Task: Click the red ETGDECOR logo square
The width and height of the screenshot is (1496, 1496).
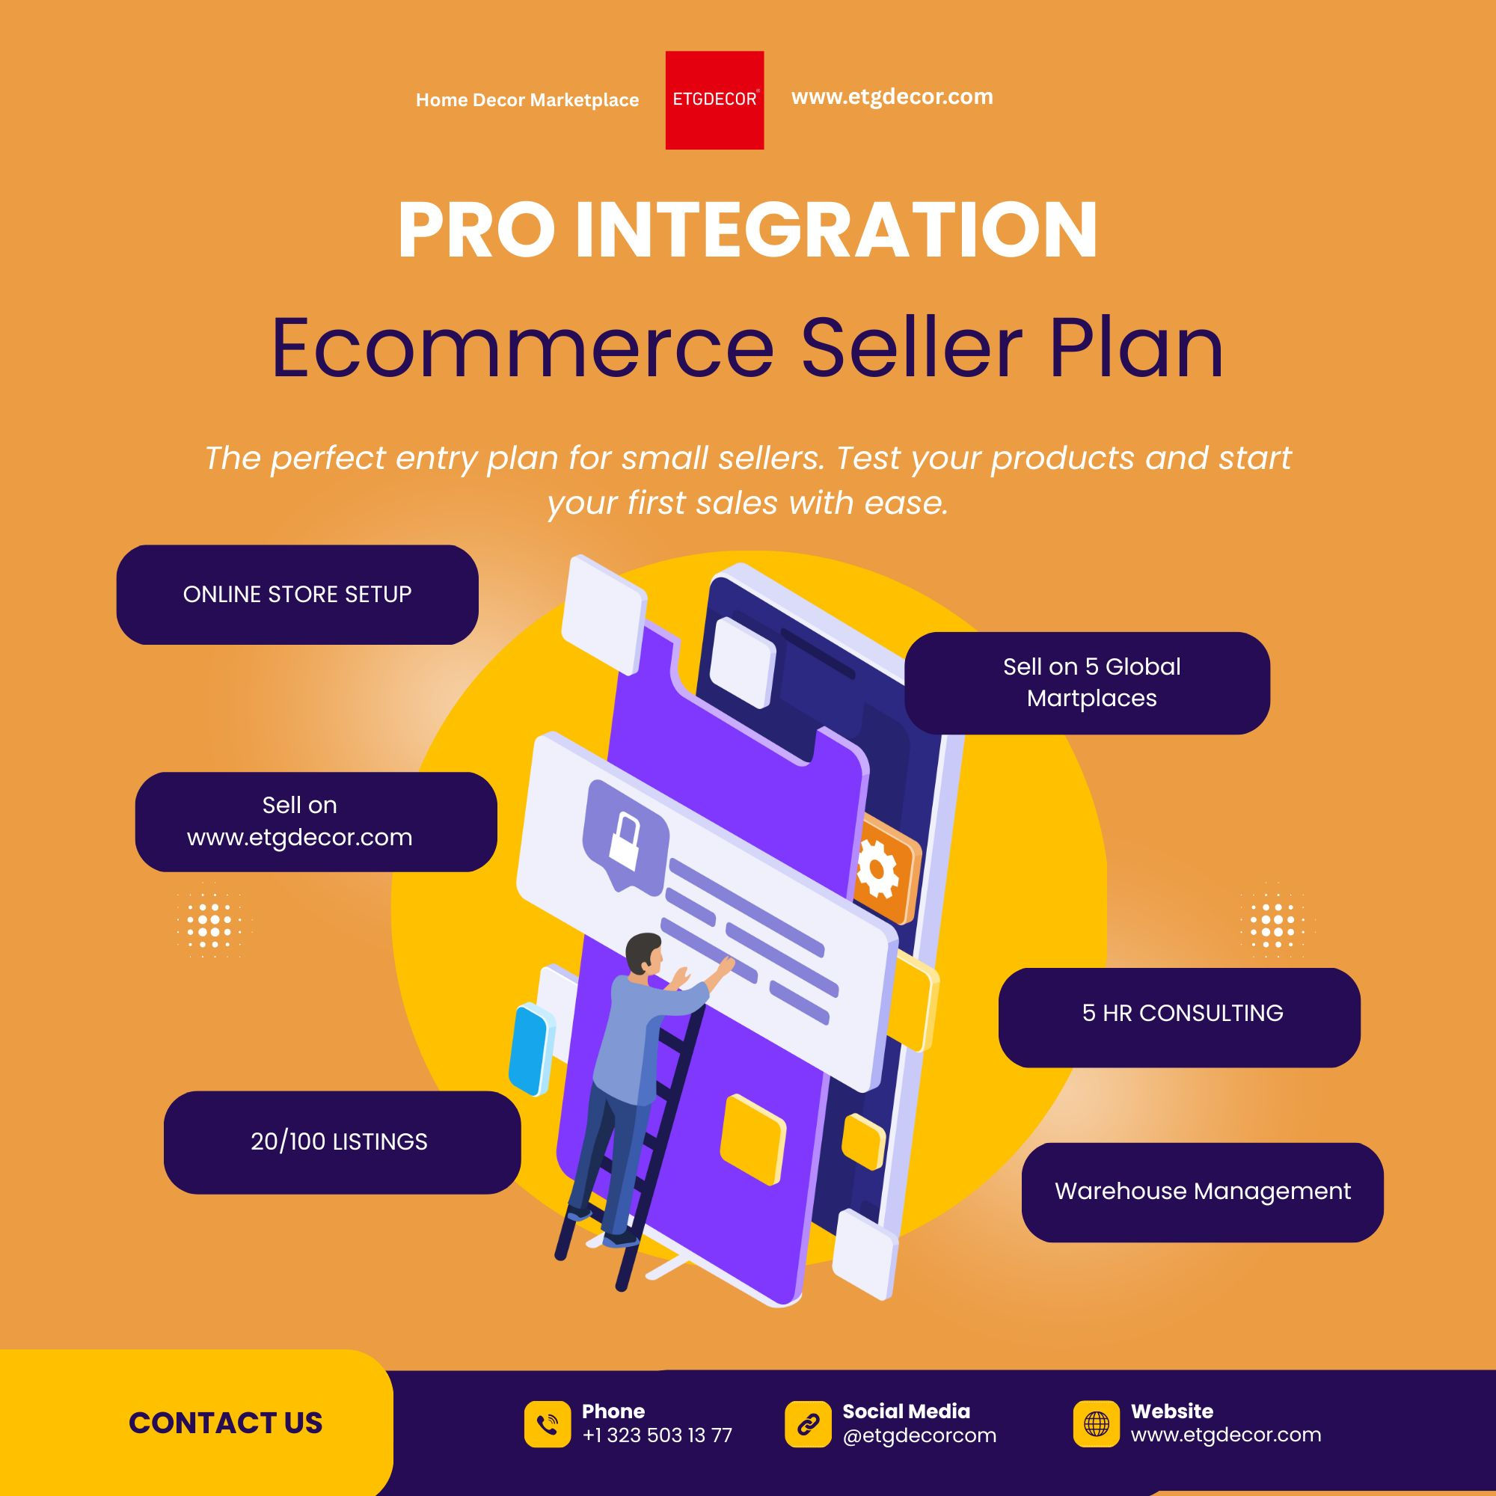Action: click(x=714, y=100)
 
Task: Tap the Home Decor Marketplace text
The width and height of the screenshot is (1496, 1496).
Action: click(x=527, y=100)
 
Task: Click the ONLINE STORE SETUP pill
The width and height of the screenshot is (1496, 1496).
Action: click(x=298, y=595)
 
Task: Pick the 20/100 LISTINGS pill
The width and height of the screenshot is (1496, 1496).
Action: click(x=340, y=1141)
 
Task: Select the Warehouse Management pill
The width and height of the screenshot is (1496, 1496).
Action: click(x=1202, y=1191)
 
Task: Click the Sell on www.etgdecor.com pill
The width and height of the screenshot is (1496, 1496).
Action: click(x=316, y=821)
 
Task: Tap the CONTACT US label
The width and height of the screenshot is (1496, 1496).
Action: click(x=225, y=1423)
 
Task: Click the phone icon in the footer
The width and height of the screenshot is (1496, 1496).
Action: click(x=548, y=1424)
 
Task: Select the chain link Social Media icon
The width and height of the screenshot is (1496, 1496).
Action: click(x=808, y=1424)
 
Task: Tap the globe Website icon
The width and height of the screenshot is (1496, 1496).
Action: click(x=1096, y=1423)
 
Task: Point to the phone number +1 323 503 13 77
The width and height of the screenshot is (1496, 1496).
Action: click(x=657, y=1435)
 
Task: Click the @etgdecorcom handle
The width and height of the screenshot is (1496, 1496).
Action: click(x=919, y=1435)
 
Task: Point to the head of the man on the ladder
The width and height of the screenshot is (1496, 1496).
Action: click(x=643, y=953)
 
